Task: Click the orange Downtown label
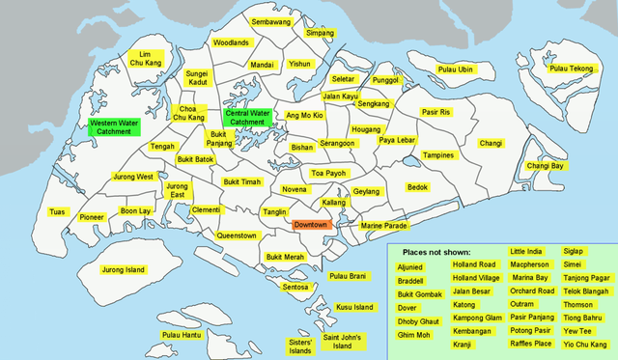tap(311, 224)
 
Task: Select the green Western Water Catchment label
tap(114, 128)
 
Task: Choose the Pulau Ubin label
tap(455, 69)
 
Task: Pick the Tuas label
tap(58, 212)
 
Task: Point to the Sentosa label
tap(295, 287)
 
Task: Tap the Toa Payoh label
tap(328, 173)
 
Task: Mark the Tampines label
tap(438, 154)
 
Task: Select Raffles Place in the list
tap(531, 343)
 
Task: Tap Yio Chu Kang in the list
tap(585, 343)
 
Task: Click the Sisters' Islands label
tap(300, 345)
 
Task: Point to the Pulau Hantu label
tap(181, 335)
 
